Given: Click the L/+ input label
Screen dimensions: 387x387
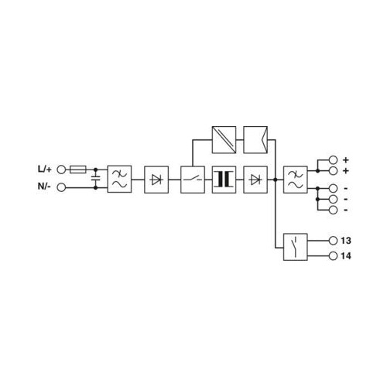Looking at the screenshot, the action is pos(45,170).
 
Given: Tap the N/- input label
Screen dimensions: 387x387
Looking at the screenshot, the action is pos(44,186).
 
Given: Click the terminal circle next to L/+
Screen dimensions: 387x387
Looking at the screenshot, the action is pos(61,170).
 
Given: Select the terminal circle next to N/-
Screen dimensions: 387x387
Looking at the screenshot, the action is pos(61,187).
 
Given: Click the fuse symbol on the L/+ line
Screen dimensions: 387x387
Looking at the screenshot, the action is pos(78,170).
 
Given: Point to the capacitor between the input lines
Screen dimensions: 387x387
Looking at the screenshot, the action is pos(96,177).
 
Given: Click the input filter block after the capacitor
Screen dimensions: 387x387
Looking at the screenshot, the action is pos(119,179).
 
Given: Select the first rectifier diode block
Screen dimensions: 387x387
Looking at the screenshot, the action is pos(156,180).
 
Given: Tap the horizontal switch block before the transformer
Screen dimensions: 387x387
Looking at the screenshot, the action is pos(193,180).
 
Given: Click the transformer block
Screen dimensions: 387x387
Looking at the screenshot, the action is pos(224,180).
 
